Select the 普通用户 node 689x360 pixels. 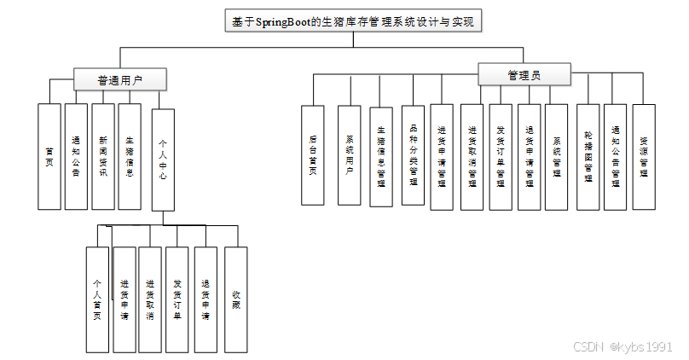coord(119,80)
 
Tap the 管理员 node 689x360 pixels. coord(524,75)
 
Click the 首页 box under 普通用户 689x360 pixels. coord(49,157)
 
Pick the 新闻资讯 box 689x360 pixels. coord(102,157)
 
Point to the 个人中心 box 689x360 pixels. coord(163,160)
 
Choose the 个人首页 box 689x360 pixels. coord(97,299)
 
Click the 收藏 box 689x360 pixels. coord(235,299)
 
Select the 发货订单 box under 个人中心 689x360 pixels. coord(177,299)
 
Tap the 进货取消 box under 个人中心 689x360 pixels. coord(150,299)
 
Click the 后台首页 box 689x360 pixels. coord(313,155)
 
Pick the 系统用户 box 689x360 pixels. coord(350,155)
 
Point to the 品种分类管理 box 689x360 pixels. coord(413,155)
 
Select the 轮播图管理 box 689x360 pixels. coord(588,157)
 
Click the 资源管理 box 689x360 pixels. coord(644,157)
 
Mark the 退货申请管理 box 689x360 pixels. coord(529,157)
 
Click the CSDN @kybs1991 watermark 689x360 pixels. coord(622,347)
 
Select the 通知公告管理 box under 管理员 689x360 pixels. coord(616,157)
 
